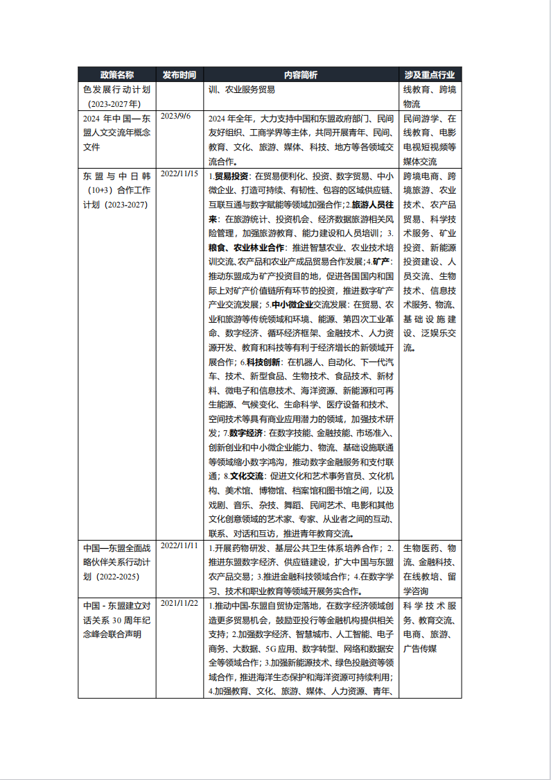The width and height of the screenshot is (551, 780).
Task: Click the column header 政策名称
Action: (x=116, y=75)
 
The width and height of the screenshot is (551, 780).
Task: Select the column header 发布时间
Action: (x=180, y=75)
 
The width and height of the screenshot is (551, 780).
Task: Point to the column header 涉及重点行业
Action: (x=430, y=75)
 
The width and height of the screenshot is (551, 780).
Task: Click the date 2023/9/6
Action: (x=175, y=116)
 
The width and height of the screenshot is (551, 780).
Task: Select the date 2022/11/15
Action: (x=180, y=173)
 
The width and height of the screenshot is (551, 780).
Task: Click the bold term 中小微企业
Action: (x=291, y=305)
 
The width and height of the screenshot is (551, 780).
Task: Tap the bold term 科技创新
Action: (x=263, y=362)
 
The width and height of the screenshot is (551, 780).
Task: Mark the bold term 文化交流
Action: (x=247, y=477)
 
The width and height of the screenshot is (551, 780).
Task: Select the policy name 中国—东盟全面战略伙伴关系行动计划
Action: (x=116, y=563)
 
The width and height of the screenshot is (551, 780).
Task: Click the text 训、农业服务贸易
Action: (x=242, y=90)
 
